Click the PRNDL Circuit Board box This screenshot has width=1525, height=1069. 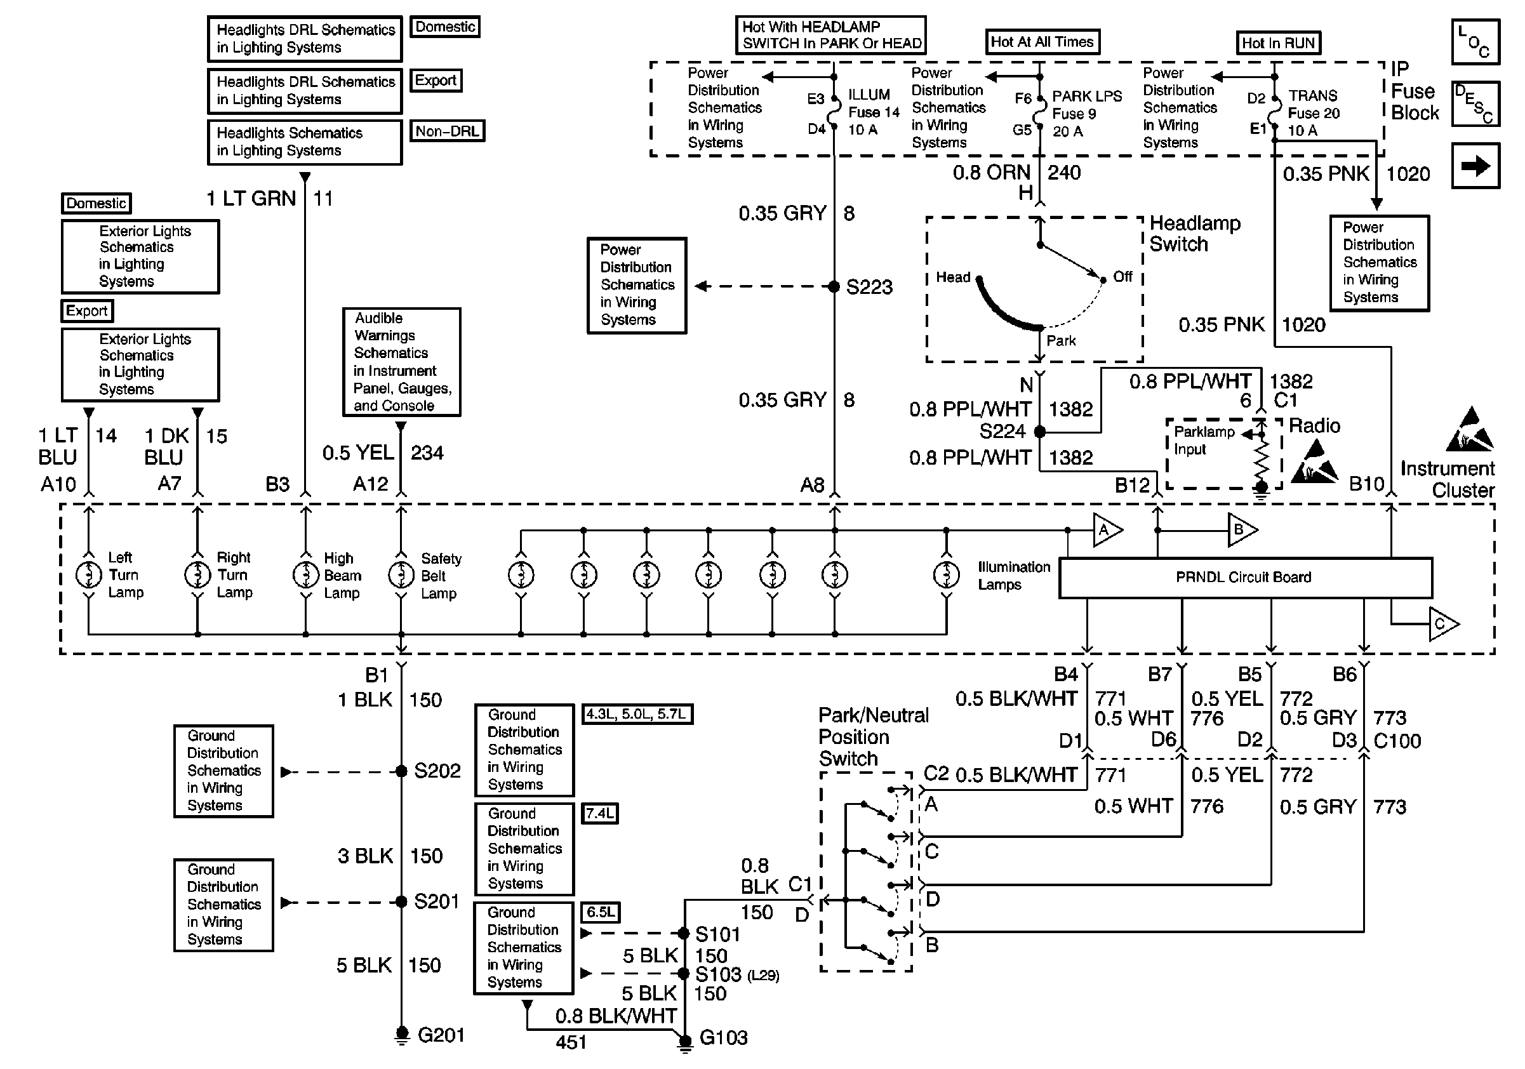[1246, 578]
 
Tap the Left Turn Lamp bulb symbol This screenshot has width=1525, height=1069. [88, 574]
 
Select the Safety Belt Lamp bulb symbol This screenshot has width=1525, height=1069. [401, 574]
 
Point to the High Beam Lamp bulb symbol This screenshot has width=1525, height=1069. [305, 574]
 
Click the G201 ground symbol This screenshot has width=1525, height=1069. [401, 1035]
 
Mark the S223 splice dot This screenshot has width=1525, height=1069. [834, 286]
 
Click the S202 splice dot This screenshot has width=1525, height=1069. [401, 771]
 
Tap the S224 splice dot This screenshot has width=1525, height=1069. [1040, 432]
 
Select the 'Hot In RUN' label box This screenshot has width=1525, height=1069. [1278, 43]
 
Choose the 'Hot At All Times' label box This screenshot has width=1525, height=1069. [1041, 42]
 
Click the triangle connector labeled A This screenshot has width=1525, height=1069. [1108, 530]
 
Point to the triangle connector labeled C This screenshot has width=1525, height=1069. [1444, 624]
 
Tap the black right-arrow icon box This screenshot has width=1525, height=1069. [1475, 166]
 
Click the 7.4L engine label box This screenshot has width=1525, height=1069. [600, 813]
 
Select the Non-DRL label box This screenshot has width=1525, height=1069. [447, 131]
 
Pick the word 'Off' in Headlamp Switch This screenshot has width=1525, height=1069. [1122, 276]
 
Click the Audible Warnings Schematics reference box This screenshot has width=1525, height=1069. [402, 362]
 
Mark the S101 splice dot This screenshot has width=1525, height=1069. [684, 933]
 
